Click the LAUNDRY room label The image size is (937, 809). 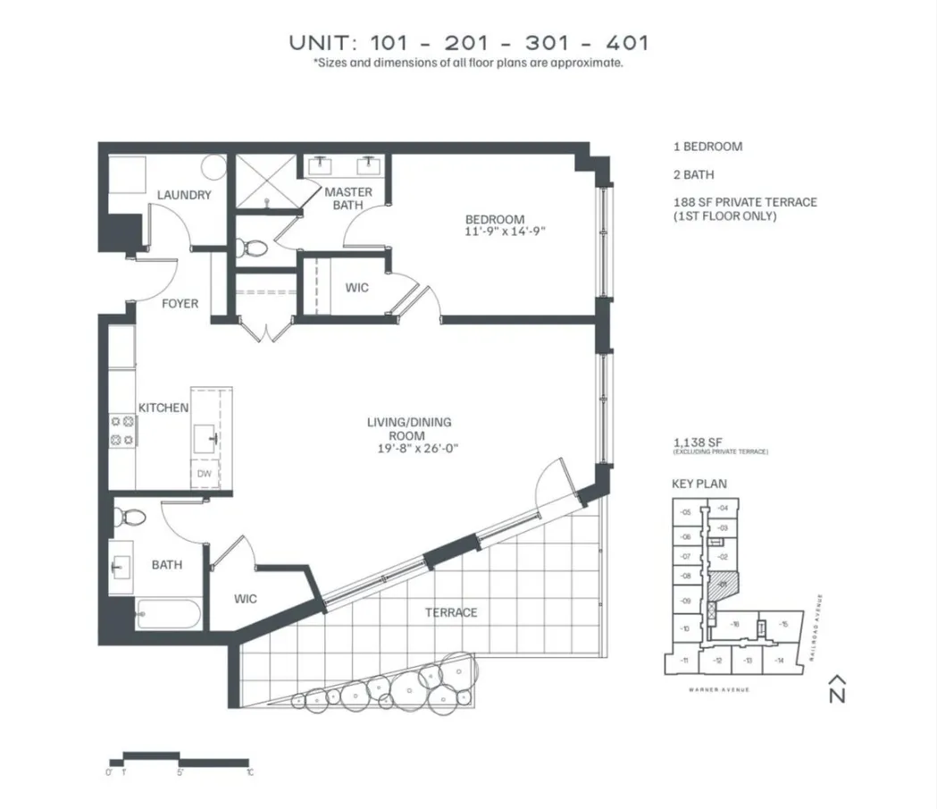184,195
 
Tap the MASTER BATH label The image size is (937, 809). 347,198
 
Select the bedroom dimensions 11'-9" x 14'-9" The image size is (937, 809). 504,232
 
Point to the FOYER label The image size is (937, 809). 180,304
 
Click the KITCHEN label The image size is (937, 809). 163,408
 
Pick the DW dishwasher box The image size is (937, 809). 205,474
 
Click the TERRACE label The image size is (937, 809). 451,612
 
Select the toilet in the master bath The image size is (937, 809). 252,248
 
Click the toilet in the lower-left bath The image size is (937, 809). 133,518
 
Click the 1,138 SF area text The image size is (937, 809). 698,442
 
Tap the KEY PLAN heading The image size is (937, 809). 699,484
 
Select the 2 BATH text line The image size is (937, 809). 694,174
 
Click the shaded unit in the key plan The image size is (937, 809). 722,584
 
